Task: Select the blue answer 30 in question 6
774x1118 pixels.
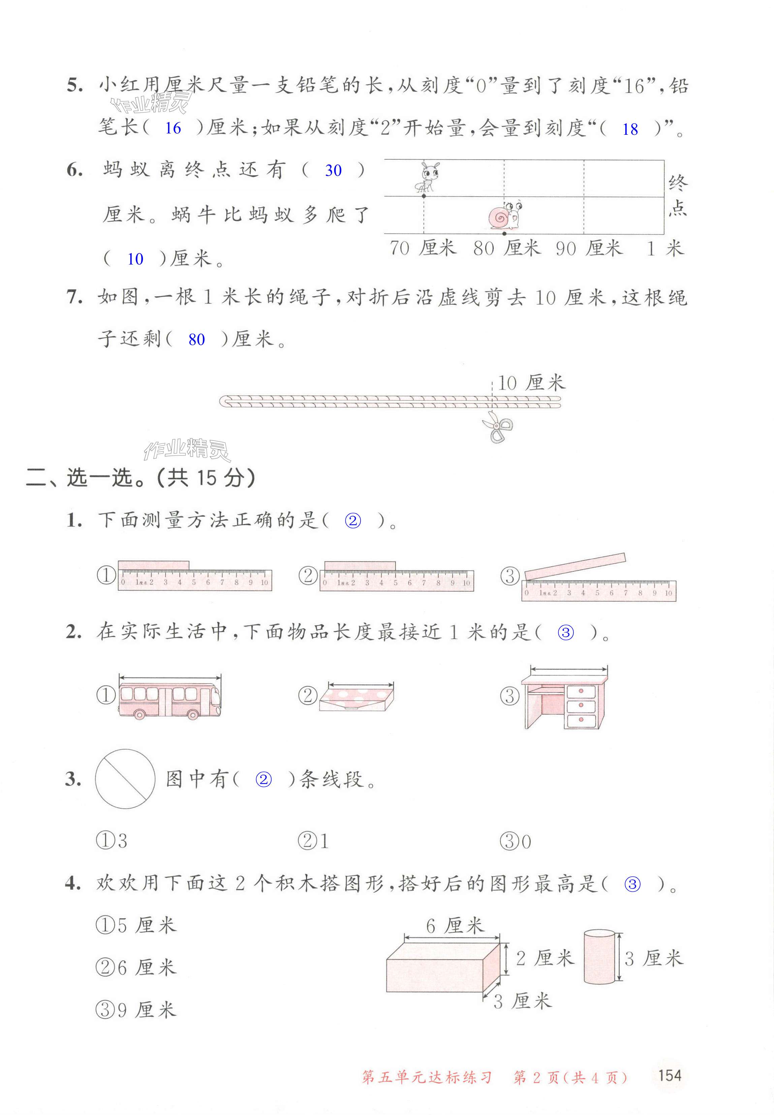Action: pyautogui.click(x=333, y=170)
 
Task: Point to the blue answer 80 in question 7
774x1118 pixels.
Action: pyautogui.click(x=196, y=339)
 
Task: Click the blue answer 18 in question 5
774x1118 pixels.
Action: pyautogui.click(x=630, y=129)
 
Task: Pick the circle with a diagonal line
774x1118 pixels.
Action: pyautogui.click(x=125, y=779)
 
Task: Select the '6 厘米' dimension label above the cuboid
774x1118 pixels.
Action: pyautogui.click(x=455, y=926)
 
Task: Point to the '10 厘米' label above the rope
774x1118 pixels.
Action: pyautogui.click(x=531, y=383)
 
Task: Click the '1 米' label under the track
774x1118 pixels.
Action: pyautogui.click(x=665, y=249)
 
